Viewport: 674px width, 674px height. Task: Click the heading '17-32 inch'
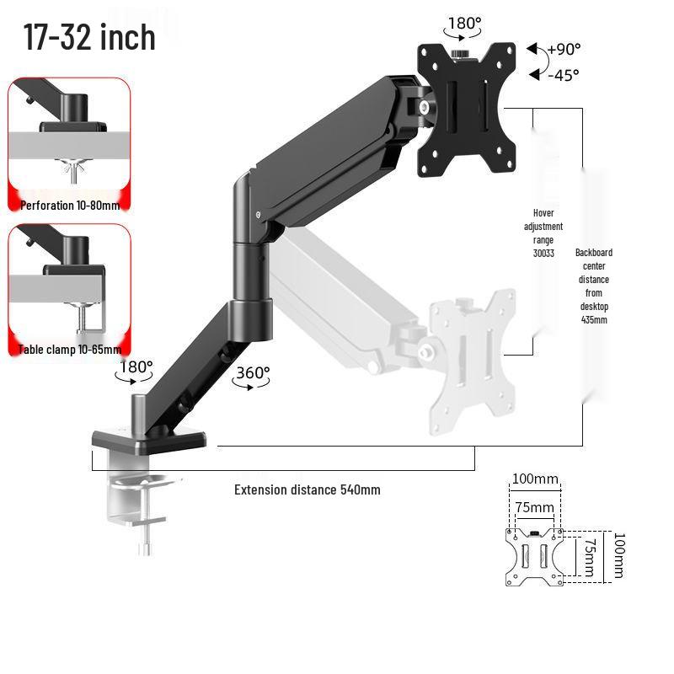tap(89, 37)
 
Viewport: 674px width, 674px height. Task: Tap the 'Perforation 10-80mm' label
tap(70, 206)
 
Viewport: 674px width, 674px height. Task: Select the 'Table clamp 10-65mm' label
tap(70, 350)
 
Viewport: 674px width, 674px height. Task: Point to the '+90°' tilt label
tap(564, 50)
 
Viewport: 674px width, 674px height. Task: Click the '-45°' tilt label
tap(564, 75)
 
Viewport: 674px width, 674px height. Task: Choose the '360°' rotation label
tap(254, 372)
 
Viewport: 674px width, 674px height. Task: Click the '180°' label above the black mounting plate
tap(465, 24)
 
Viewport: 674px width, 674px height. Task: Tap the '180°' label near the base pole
tap(136, 367)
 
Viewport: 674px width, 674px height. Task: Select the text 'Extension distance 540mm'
tap(308, 489)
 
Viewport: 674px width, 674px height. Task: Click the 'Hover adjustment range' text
tap(543, 226)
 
